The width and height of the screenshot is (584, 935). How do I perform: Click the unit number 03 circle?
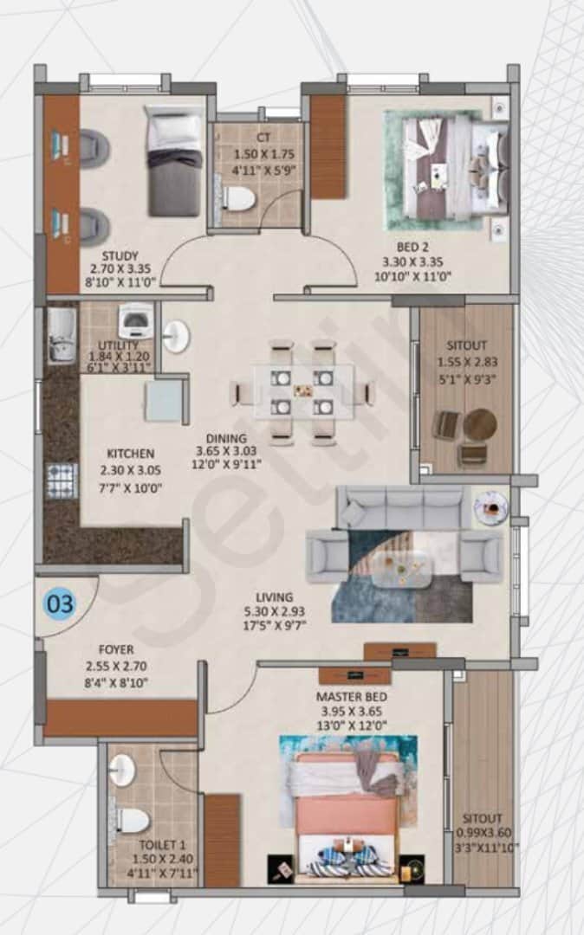pos(61,603)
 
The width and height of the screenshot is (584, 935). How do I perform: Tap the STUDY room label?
pos(120,256)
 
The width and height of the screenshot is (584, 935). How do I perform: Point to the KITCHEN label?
pos(130,454)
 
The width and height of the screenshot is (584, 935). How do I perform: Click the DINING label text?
pos(226,438)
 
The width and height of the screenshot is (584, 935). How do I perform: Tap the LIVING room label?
pos(274,597)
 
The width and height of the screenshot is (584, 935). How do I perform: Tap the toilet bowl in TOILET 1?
pos(132,819)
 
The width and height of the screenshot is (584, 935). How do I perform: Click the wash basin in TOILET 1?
pos(122,769)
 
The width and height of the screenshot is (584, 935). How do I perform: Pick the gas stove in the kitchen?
pos(62,480)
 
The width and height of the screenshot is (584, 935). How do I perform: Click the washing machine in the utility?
pos(135,324)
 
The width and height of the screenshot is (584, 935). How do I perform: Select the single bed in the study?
pos(174,163)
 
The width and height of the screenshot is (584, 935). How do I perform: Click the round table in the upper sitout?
pos(479,425)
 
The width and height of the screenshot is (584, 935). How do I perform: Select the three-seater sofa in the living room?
pos(401,506)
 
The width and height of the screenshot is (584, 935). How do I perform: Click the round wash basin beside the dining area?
pos(176,337)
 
